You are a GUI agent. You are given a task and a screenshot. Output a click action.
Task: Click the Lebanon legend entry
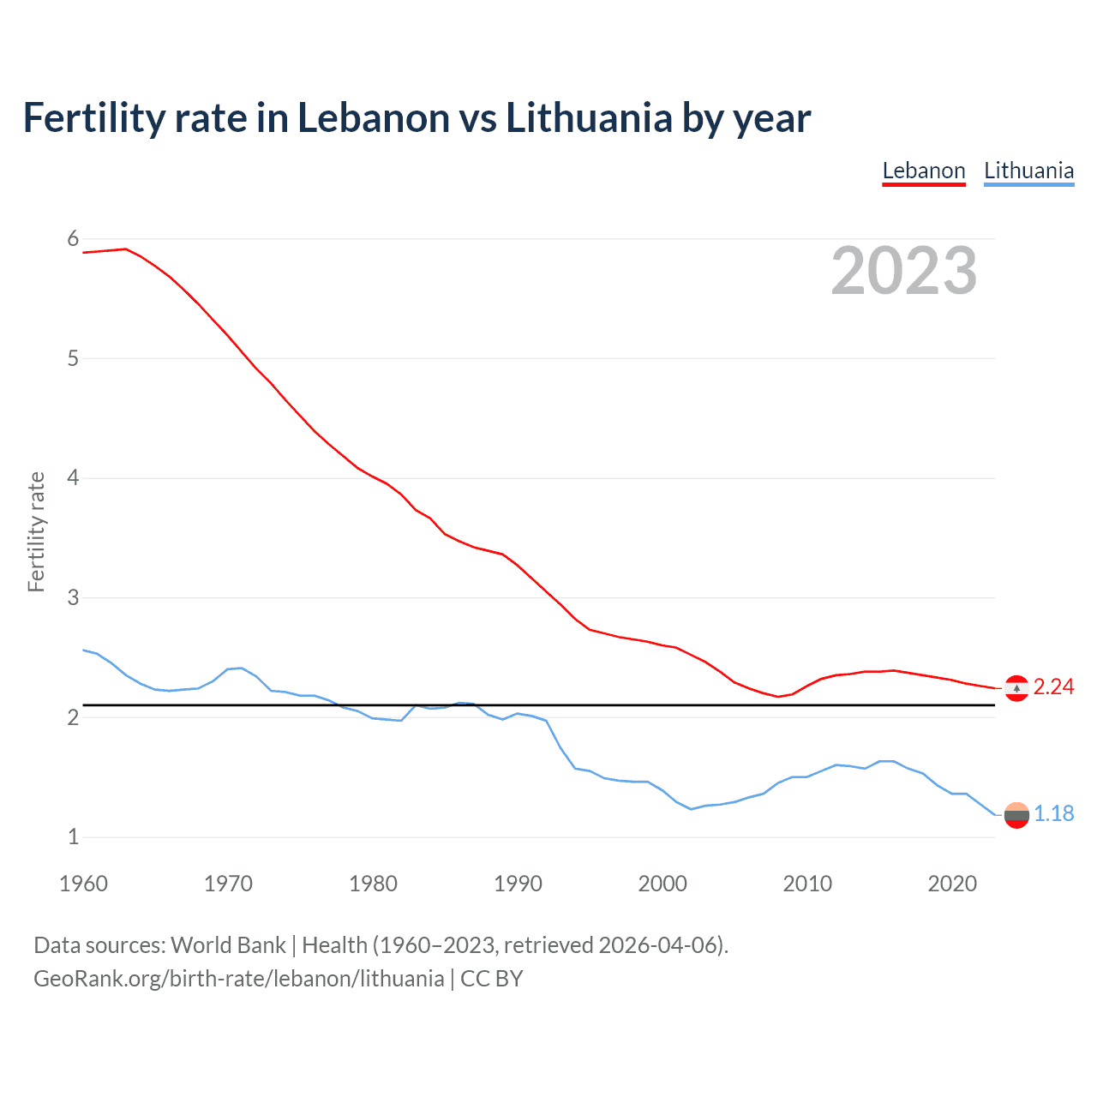(924, 171)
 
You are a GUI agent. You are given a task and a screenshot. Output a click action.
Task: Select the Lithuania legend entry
(1028, 171)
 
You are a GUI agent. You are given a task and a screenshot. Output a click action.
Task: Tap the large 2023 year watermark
(904, 271)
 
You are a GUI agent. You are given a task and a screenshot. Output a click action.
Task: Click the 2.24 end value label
(1053, 687)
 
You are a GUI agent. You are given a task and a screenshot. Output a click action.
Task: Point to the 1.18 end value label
(1053, 814)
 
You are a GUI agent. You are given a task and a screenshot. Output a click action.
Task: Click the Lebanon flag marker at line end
(1016, 688)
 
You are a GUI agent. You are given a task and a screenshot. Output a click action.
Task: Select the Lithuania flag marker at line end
(1016, 815)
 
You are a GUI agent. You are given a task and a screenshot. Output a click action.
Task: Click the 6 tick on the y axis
(73, 239)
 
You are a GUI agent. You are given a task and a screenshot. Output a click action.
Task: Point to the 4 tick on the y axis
(73, 478)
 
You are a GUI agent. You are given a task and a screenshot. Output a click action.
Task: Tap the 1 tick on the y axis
(73, 837)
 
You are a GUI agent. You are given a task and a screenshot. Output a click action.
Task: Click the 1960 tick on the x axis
(83, 884)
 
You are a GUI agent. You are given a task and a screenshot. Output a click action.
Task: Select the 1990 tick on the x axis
(518, 884)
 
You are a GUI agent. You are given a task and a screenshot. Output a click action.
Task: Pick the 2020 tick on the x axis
(952, 884)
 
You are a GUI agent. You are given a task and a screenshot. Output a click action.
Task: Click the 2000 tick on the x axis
(662, 884)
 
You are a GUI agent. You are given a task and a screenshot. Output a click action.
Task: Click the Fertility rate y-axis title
(36, 531)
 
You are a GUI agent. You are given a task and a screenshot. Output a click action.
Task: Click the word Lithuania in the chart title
(589, 118)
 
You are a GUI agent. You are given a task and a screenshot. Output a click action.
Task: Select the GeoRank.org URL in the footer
(238, 979)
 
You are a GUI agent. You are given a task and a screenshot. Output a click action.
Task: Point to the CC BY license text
(492, 979)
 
